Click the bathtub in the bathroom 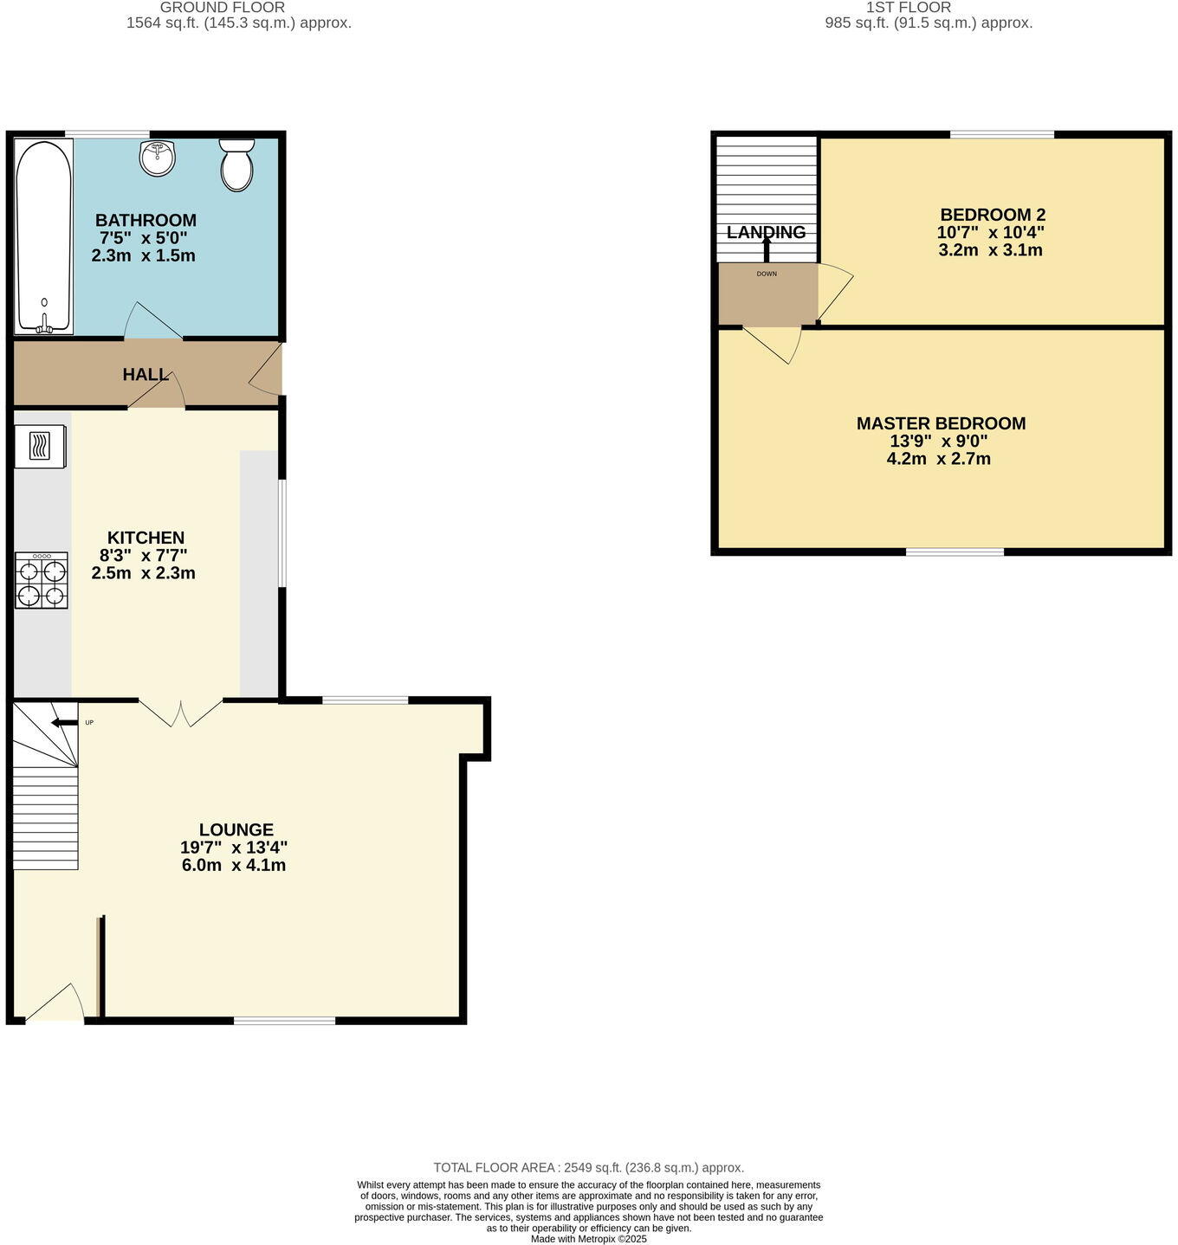[43, 235]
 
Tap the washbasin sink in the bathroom [157, 158]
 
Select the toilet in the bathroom [236, 164]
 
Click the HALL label [146, 375]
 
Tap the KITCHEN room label [146, 538]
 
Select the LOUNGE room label [236, 829]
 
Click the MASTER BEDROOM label [941, 423]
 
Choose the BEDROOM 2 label [992, 215]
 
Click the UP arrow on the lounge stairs [64, 723]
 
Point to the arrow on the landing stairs [767, 248]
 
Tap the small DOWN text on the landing [767, 274]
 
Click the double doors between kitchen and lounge [180, 712]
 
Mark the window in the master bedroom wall [955, 551]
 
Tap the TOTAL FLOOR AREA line [588, 1168]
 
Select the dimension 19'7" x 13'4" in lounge [234, 848]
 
